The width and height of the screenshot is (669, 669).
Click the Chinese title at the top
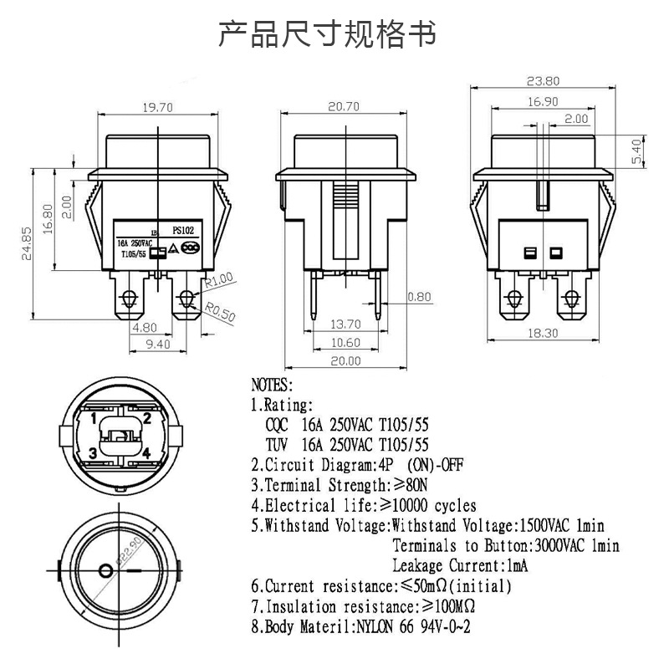click(x=327, y=34)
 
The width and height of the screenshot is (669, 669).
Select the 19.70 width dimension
click(x=156, y=107)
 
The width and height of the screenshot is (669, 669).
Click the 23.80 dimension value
click(x=543, y=81)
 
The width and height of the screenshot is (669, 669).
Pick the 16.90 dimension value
click(x=542, y=101)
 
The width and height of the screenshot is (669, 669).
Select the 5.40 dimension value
click(x=635, y=153)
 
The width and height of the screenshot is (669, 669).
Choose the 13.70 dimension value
click(x=345, y=324)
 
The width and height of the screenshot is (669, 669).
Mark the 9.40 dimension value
click(x=156, y=343)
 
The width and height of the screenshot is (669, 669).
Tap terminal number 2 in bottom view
click(x=146, y=418)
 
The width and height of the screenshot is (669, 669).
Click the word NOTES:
click(x=273, y=386)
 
